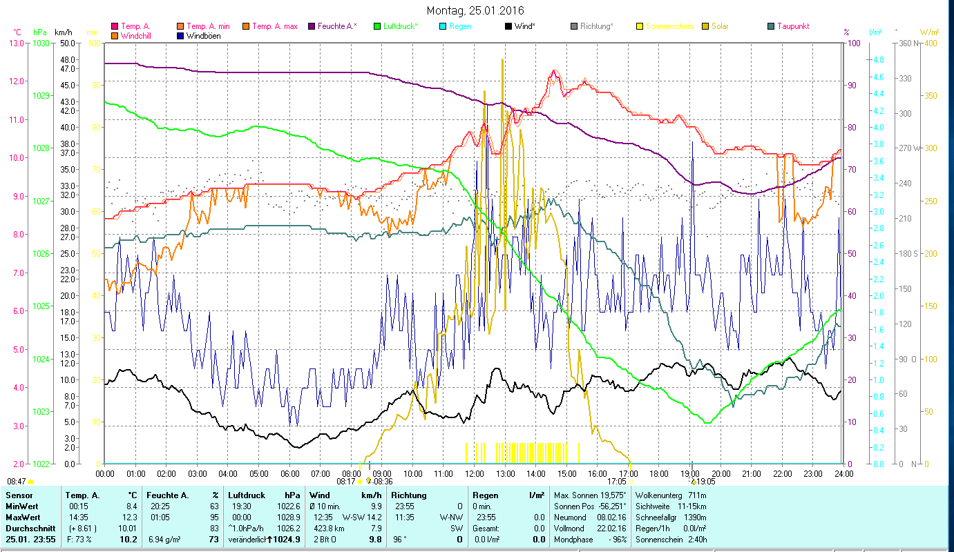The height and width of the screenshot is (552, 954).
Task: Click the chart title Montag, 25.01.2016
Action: pyautogui.click(x=475, y=10)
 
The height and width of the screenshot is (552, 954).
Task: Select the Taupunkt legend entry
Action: pyautogui.click(x=792, y=26)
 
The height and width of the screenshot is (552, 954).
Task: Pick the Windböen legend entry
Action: pyautogui.click(x=203, y=35)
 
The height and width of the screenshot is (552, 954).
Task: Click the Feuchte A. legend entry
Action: pyautogui.click(x=337, y=26)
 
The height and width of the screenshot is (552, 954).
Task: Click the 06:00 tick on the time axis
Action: pyautogui.click(x=289, y=473)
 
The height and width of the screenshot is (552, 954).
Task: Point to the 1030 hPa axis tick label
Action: pyautogui.click(x=40, y=43)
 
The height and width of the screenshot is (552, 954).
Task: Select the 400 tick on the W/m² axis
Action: pyautogui.click(x=930, y=43)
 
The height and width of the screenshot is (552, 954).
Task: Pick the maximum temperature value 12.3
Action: pyautogui.click(x=129, y=517)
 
